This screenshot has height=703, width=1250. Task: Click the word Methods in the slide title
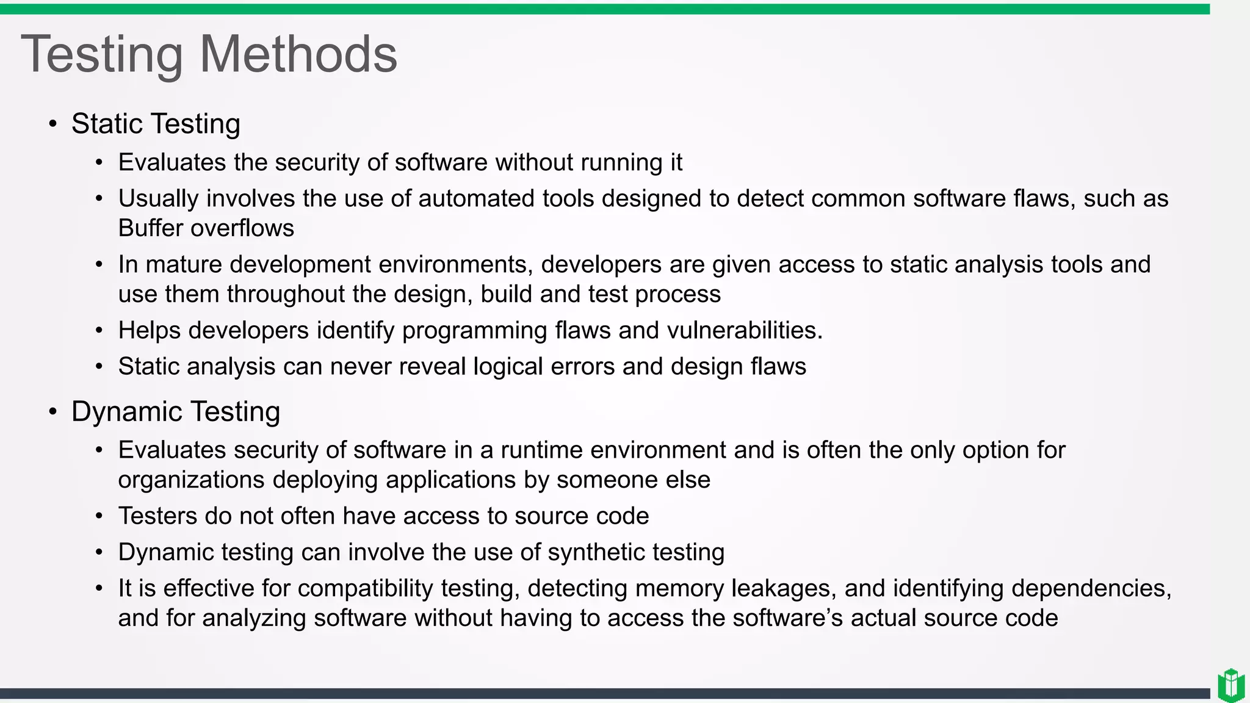tap(298, 54)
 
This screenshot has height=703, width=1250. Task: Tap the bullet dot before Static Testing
tap(53, 124)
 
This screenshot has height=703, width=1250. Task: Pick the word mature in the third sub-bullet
tap(184, 265)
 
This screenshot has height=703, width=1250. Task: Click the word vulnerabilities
tap(744, 331)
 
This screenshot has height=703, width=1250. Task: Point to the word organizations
tap(191, 480)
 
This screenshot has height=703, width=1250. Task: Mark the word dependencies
tap(1091, 588)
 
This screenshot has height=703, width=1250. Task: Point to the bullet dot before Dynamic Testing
tap(53, 413)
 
